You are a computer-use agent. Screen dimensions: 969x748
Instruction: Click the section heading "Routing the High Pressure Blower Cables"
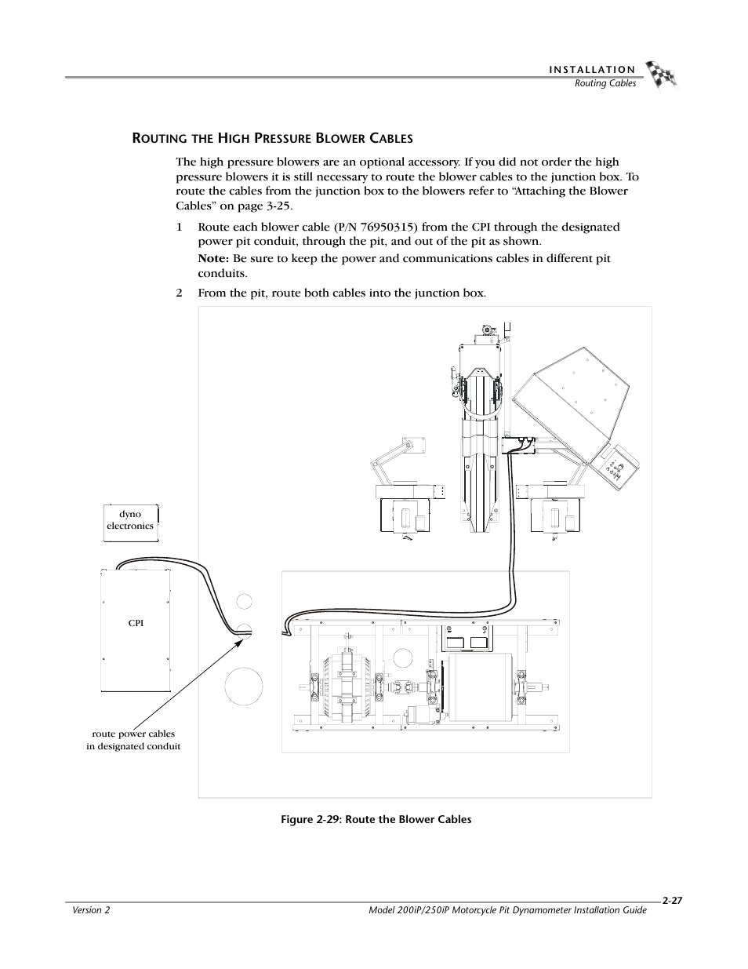pyautogui.click(x=271, y=139)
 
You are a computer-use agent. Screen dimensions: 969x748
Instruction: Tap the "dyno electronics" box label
pyautogui.click(x=130, y=520)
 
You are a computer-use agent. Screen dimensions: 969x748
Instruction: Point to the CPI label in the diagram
pyautogui.click(x=136, y=623)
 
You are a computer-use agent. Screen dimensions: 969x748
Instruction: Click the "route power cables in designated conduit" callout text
pyautogui.click(x=133, y=740)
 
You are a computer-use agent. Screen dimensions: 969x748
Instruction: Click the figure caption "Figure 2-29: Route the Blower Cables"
pyautogui.click(x=370, y=819)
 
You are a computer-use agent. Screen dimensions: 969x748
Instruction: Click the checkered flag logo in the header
pyautogui.click(x=660, y=75)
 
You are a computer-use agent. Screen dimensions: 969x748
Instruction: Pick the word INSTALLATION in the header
pyautogui.click(x=592, y=71)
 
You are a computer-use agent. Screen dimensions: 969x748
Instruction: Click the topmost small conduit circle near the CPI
pyautogui.click(x=245, y=602)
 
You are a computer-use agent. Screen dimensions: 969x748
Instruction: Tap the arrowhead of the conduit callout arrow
pyautogui.click(x=243, y=639)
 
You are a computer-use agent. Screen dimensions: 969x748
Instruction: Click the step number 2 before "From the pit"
pyautogui.click(x=179, y=293)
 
